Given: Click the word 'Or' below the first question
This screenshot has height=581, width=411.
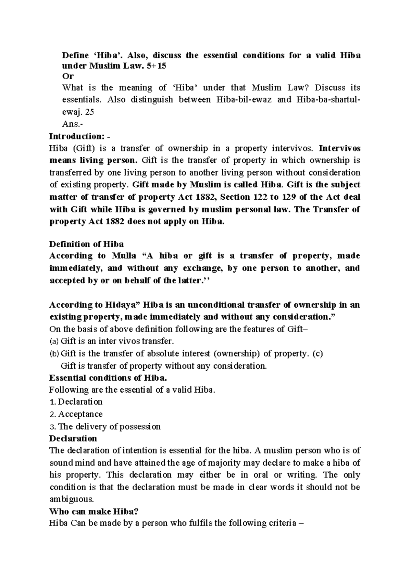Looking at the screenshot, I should tap(67, 76).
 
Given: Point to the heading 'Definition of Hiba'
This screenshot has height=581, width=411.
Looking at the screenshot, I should tap(86, 244).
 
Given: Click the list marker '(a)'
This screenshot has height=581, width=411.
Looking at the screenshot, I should tap(54, 342).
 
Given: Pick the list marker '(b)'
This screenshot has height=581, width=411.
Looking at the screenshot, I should tap(54, 354).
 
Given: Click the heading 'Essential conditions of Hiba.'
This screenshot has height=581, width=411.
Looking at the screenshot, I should tap(108, 378).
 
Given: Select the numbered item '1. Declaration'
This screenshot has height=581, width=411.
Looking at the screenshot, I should tap(76, 401).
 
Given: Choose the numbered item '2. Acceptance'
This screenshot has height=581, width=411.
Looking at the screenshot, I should tap(76, 414).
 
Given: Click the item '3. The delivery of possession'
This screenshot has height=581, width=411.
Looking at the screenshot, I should tap(105, 427).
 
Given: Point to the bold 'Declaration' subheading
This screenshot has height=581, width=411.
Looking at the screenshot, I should tap(73, 438).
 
